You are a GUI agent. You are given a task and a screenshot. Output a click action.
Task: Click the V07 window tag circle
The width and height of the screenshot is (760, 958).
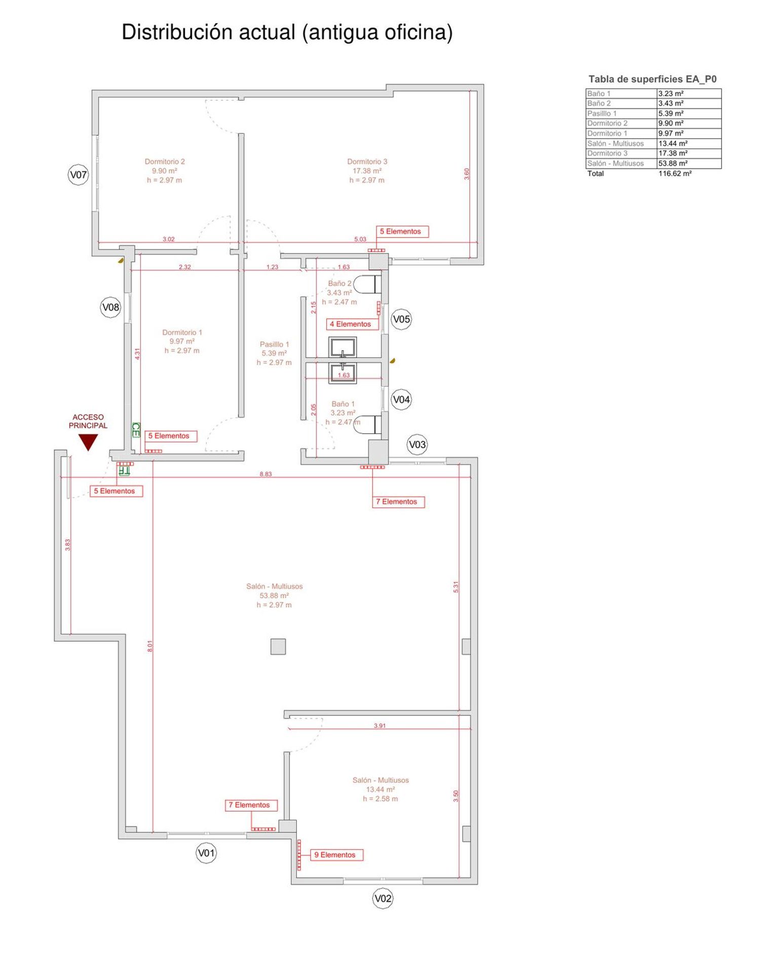[x=78, y=175]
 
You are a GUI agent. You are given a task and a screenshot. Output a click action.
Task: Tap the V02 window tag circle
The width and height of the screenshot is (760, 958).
[x=383, y=898]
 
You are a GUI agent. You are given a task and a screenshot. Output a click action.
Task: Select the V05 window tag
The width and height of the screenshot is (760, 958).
[x=401, y=320]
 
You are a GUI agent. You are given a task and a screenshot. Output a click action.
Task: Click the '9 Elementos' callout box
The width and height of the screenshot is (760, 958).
[x=335, y=855]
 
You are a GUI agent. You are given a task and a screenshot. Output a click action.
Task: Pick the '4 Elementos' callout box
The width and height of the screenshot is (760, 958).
[x=351, y=324]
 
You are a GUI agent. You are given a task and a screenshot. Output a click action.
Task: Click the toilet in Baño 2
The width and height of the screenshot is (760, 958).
[x=367, y=285]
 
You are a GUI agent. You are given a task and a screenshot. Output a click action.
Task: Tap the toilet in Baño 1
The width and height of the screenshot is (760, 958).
[x=367, y=424]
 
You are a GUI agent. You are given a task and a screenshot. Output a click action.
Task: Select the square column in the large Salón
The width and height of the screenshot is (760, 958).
[x=278, y=647]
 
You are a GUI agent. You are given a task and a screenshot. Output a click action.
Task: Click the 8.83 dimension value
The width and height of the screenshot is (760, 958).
[x=265, y=474]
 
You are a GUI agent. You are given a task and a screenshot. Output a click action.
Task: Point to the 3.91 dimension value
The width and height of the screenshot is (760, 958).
[x=379, y=726]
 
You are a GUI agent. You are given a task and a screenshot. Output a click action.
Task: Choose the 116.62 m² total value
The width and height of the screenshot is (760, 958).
[x=675, y=173]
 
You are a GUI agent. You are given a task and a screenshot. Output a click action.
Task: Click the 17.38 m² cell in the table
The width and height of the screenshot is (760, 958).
[x=673, y=153]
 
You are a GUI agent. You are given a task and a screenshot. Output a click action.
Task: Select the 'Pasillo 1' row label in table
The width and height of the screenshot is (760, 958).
[x=602, y=113]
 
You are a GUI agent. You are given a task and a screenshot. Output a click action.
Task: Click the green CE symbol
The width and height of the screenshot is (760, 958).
[x=136, y=430]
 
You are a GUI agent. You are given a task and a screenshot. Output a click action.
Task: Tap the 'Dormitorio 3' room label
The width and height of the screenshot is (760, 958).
[x=367, y=162]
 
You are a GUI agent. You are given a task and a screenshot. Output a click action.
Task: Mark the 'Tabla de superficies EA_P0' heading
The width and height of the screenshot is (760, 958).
[x=653, y=79]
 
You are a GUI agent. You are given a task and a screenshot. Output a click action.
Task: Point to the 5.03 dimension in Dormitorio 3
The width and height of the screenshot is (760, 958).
[x=360, y=239]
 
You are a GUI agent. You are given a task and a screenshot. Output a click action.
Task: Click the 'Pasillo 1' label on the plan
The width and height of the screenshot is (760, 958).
[x=274, y=344]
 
